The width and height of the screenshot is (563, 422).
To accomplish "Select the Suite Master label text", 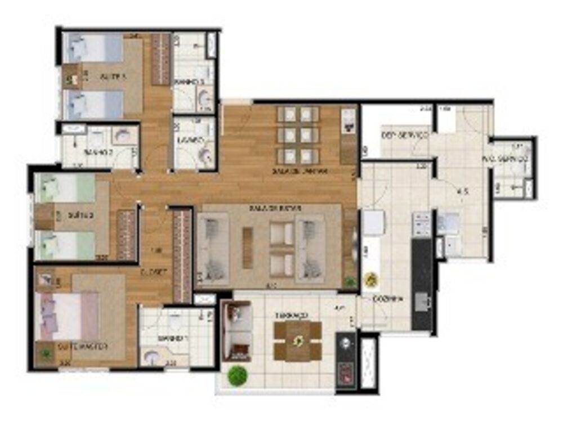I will click(83, 347).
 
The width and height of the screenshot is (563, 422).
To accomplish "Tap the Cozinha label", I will click(388, 299).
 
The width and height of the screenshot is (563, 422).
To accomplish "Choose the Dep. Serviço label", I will click(405, 136).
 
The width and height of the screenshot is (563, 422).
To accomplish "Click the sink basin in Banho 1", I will click(151, 356).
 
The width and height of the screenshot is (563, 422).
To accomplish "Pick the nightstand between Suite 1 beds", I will click(72, 77).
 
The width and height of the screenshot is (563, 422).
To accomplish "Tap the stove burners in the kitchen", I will click(422, 224).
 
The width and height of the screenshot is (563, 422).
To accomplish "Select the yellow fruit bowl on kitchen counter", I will click(371, 279).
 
